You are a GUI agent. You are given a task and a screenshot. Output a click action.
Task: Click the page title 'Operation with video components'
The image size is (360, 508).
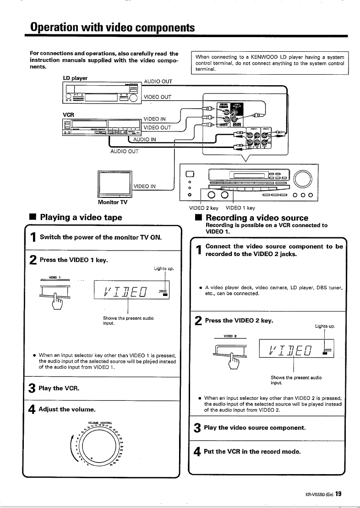pos(110,27)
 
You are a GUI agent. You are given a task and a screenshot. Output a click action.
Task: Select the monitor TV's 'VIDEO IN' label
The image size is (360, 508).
pos(145,186)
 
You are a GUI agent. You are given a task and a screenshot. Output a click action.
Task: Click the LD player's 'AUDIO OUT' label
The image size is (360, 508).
pos(158,82)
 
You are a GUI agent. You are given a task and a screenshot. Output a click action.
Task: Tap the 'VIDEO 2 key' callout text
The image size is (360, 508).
pos(203,208)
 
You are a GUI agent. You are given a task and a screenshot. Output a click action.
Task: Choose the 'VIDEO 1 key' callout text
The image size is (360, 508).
pos(241,208)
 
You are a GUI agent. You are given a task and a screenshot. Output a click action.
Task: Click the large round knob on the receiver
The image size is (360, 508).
pos(304,178)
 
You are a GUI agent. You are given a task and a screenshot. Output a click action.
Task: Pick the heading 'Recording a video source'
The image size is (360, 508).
pos(257,218)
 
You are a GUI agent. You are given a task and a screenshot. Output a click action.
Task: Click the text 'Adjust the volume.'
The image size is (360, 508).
pos(67,409)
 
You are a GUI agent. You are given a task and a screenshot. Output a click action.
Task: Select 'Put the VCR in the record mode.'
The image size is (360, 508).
pos(253,451)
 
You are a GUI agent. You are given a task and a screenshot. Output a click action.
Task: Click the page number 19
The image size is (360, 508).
pos(338,494)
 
